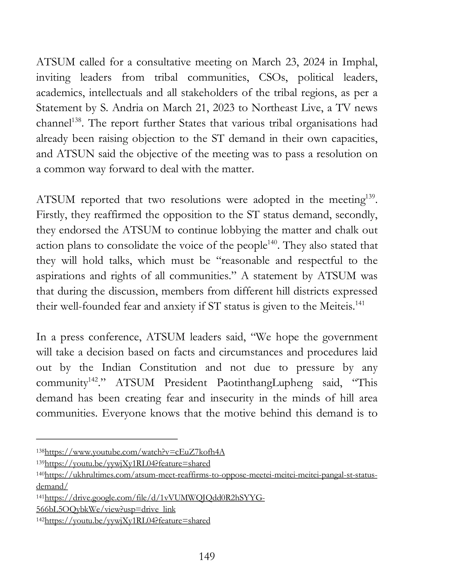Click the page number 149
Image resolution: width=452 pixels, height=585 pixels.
[207, 556]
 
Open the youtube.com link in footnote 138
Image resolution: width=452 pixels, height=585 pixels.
[135, 452]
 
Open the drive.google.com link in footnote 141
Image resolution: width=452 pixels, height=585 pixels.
[154, 498]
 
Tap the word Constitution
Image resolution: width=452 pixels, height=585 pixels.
[168, 368]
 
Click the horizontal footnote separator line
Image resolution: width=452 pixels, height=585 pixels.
[107, 439]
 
